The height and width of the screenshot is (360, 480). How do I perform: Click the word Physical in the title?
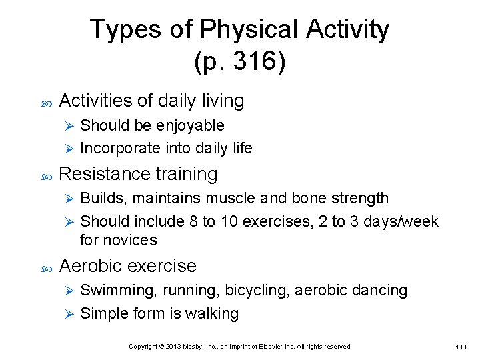250,30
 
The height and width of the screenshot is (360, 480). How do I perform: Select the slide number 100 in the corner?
461,347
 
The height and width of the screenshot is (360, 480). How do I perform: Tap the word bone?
307,198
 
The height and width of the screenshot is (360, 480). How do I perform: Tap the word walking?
211,313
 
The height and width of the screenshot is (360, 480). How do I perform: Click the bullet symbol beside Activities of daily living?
46,102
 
